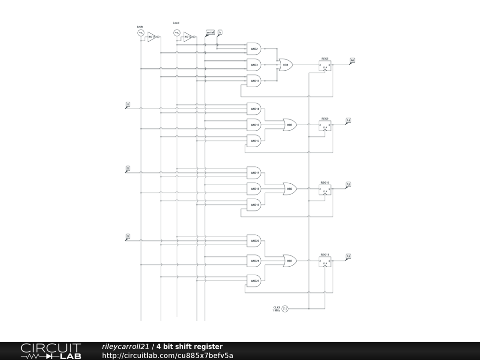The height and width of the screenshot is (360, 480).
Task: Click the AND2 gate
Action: [254, 49]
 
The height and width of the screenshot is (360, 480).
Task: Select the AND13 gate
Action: [254, 81]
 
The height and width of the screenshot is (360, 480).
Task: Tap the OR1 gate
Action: [285, 65]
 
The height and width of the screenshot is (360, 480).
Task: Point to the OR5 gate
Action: [290, 125]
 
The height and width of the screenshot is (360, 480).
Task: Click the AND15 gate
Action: [254, 125]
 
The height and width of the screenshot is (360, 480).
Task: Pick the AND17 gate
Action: [254, 173]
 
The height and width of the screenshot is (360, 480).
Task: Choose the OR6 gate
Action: [290, 189]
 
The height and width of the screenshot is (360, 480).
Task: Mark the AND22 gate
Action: [254, 281]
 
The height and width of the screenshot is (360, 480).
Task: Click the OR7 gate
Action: [290, 261]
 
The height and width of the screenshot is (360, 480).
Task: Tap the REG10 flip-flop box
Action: [325, 190]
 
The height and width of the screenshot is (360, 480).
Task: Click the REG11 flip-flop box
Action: [325, 262]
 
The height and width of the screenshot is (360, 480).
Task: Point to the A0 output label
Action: [352, 60]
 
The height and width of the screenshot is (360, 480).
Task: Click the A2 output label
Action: [348, 185]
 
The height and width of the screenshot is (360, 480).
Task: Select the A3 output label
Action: [348, 256]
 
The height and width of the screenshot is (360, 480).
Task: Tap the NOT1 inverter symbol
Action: [152, 37]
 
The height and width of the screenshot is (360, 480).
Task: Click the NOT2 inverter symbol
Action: [188, 37]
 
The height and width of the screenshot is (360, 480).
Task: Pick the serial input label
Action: [210, 32]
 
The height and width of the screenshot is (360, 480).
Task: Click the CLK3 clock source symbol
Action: [285, 308]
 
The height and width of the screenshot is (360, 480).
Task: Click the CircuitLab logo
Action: [51, 351]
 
